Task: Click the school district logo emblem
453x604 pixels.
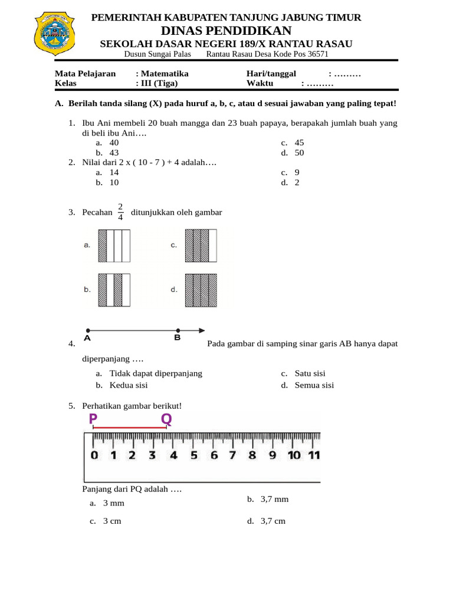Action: (x=57, y=33)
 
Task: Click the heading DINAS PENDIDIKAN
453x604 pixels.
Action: (x=226, y=31)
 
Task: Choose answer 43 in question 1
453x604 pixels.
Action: (x=114, y=152)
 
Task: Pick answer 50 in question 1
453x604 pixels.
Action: (x=299, y=152)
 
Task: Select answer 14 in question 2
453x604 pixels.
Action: (x=114, y=172)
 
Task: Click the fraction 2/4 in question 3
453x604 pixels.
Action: (x=120, y=212)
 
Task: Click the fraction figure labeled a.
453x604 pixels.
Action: (x=114, y=245)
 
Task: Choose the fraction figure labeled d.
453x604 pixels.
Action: (x=201, y=290)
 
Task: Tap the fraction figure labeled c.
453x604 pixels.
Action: (x=201, y=245)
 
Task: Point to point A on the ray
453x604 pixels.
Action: (x=87, y=330)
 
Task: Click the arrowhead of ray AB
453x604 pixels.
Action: (x=202, y=330)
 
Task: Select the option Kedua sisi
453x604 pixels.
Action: (x=129, y=385)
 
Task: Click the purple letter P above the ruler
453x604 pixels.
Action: (x=93, y=419)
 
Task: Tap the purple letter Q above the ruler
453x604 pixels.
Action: (x=167, y=419)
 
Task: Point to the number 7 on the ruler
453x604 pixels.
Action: (x=232, y=455)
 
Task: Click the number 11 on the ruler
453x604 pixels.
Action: (x=314, y=455)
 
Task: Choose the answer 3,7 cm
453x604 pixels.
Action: (x=273, y=521)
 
